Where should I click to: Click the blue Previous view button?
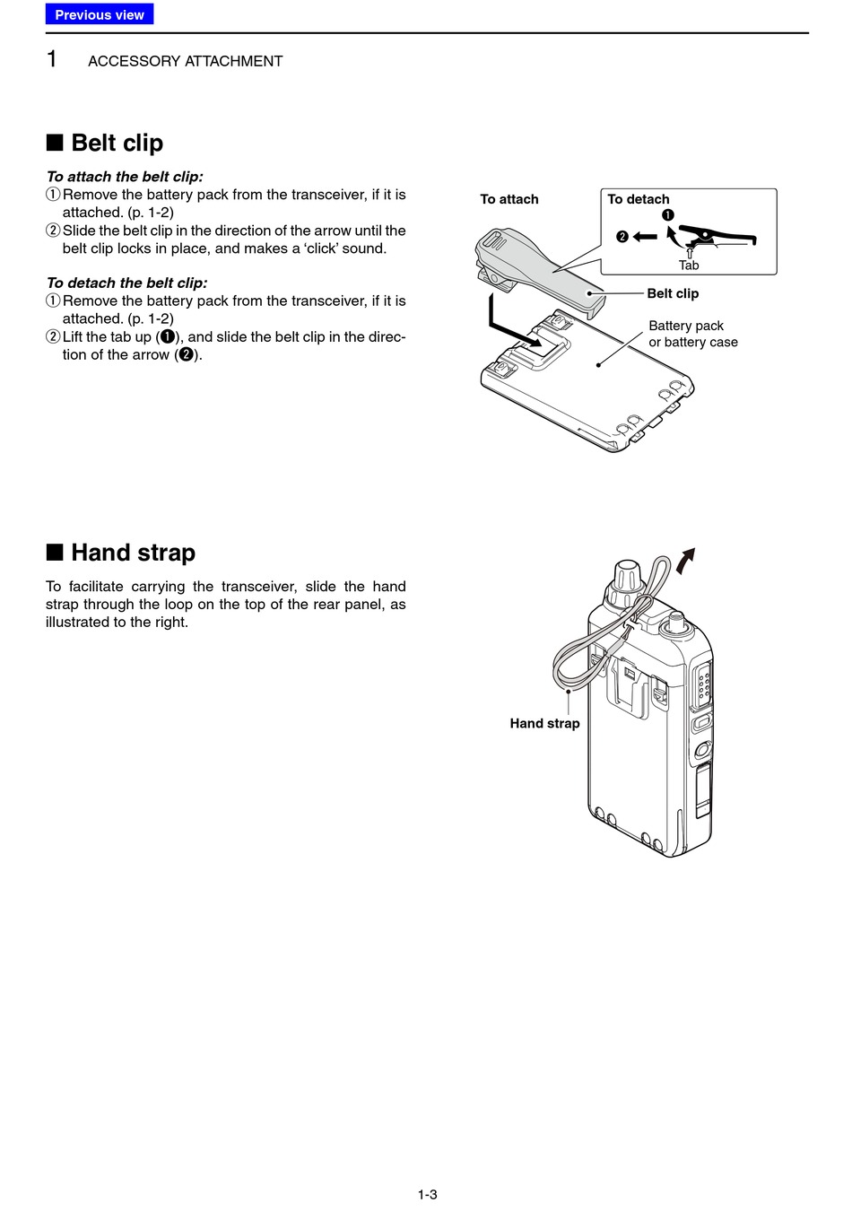100,14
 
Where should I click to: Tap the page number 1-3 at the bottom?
427,1194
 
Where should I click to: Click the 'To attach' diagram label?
509,199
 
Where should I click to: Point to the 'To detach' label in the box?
639,199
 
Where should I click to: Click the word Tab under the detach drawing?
689,266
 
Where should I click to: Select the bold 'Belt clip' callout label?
673,293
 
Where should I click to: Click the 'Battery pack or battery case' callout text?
693,334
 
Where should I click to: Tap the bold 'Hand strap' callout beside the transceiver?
544,723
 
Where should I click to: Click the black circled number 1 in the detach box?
667,215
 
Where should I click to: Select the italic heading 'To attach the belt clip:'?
125,177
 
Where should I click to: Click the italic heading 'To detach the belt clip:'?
126,283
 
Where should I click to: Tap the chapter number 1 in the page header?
52,60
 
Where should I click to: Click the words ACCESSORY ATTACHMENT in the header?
185,61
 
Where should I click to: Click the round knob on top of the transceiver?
625,576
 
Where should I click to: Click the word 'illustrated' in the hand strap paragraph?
77,622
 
